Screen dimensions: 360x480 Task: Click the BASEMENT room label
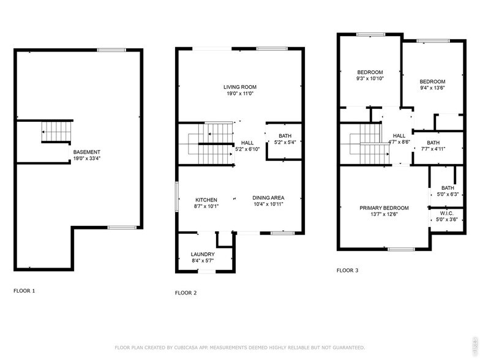(x=87, y=152)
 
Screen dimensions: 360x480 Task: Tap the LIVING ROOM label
(x=239, y=87)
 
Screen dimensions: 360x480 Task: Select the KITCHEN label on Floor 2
(x=206, y=200)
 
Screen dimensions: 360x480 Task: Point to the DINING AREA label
(x=268, y=197)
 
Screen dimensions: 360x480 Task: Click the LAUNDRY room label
(x=203, y=254)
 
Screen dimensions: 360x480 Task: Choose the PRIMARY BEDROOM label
(x=384, y=208)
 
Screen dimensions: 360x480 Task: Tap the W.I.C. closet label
(x=447, y=214)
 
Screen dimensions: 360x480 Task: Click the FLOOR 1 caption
(x=24, y=290)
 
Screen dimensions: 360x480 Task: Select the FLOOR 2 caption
(x=186, y=293)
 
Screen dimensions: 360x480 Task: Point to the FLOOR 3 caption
(x=348, y=269)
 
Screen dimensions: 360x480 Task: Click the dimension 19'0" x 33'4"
(x=87, y=159)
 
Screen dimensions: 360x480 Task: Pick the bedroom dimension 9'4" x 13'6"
(x=432, y=88)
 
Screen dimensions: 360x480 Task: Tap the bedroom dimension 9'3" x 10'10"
(x=370, y=78)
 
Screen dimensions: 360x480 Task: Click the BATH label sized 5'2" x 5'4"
(x=285, y=136)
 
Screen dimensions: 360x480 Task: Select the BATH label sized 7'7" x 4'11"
(x=433, y=142)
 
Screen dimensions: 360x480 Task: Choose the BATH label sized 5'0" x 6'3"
(x=448, y=188)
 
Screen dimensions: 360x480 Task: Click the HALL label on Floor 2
(x=247, y=142)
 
